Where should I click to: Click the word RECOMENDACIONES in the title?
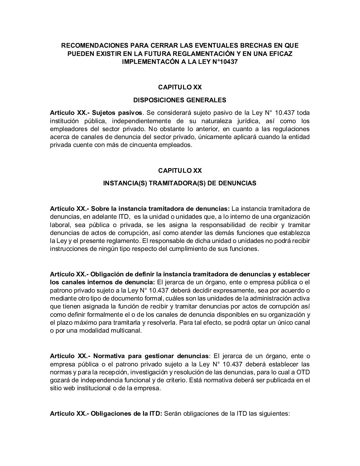90,45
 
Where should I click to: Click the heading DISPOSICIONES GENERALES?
180,100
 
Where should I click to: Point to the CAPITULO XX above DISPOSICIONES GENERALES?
180,87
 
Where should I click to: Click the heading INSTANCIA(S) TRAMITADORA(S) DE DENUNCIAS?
180,183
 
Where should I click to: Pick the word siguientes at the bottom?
274,414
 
